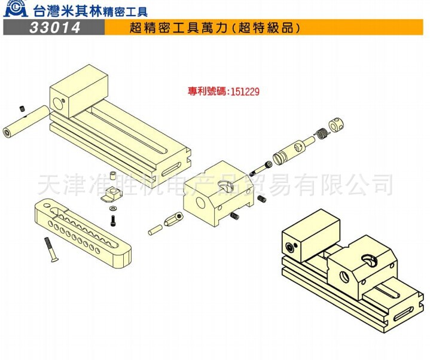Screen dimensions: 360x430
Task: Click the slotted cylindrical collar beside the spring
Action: click(x=339, y=126)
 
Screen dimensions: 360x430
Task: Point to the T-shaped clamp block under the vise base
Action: click(x=112, y=194)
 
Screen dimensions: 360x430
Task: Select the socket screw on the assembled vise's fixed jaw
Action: click(x=291, y=247)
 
